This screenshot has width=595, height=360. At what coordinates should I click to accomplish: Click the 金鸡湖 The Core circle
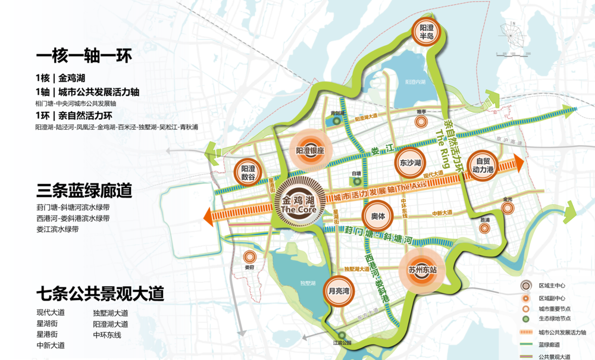point(301,203)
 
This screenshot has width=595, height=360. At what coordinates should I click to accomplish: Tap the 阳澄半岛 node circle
point(427,32)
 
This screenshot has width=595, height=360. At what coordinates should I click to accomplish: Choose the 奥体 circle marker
point(378,218)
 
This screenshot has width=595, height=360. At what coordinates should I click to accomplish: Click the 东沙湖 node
point(410,163)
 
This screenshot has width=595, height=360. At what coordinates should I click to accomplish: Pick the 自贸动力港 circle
point(481,165)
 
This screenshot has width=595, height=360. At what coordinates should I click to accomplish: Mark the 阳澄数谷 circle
point(248,173)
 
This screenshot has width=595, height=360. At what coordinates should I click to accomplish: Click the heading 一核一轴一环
point(84,57)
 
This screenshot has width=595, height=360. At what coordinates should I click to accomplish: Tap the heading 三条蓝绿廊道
point(84,192)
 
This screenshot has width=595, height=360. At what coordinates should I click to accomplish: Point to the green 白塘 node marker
point(356,180)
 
